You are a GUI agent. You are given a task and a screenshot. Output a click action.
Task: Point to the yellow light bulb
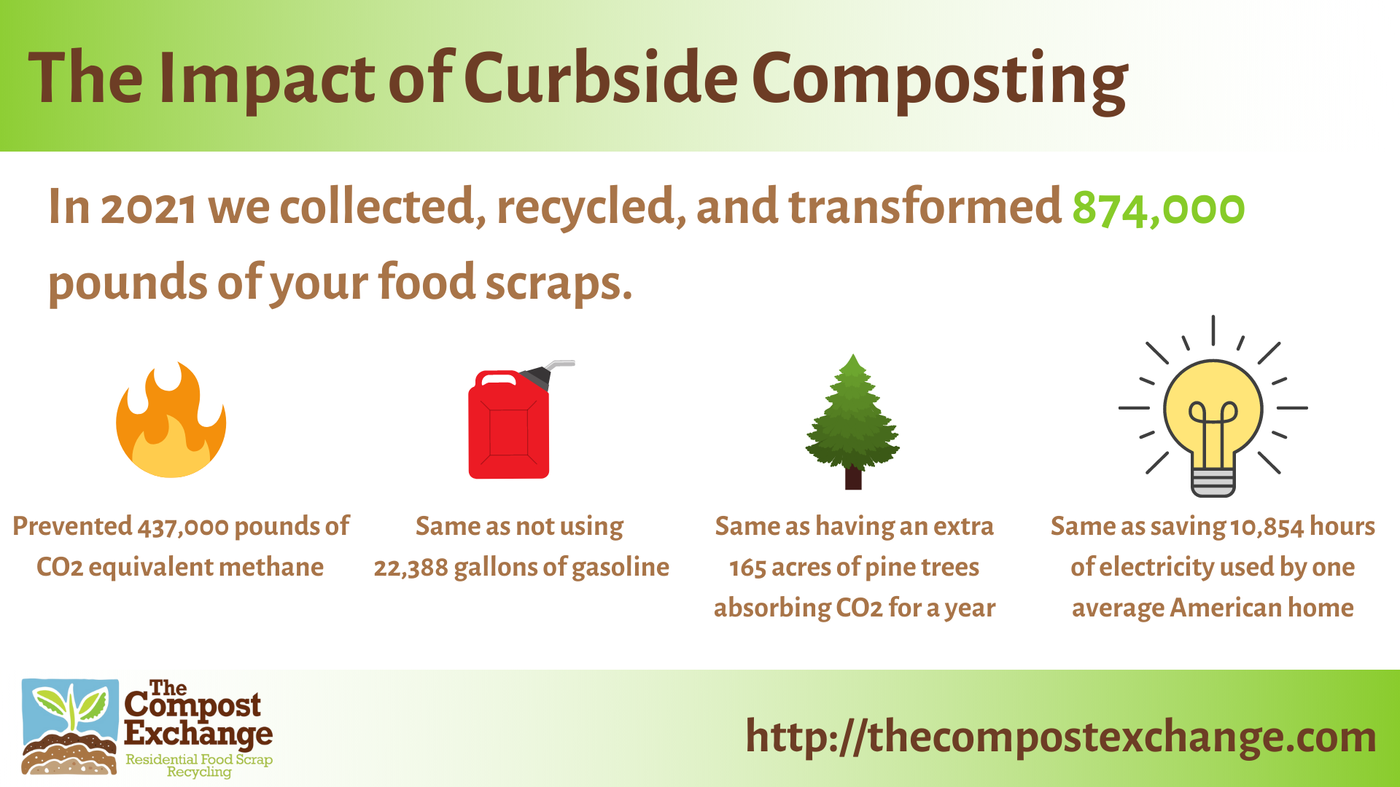click(1213, 412)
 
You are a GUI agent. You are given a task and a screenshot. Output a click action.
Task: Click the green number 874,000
click(1158, 208)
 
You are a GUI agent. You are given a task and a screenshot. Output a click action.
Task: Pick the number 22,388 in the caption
click(411, 568)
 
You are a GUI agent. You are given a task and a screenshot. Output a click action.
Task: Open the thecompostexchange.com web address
click(1061, 737)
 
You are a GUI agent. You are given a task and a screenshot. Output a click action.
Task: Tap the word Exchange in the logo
click(198, 732)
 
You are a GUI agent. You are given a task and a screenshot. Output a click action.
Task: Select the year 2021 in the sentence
click(148, 208)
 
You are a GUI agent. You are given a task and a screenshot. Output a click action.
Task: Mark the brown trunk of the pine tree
click(853, 479)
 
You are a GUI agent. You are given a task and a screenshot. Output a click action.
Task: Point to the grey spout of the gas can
click(558, 366)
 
